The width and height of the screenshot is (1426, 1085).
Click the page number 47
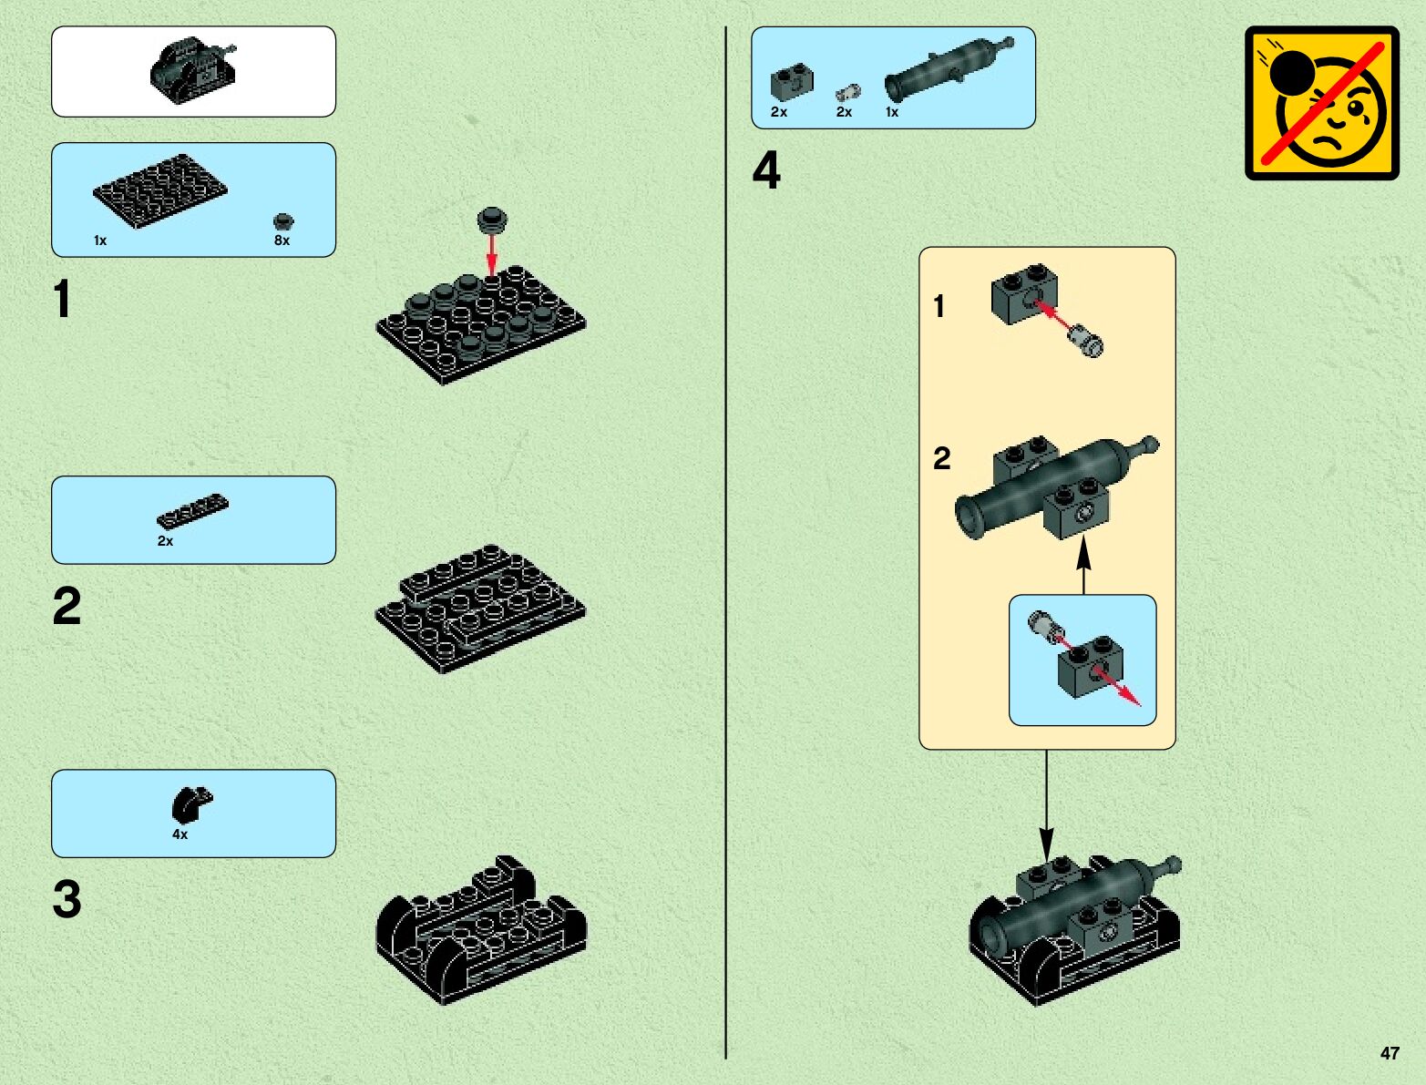tap(1389, 1053)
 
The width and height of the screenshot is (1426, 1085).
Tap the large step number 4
tap(766, 170)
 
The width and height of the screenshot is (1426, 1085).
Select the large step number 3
tap(67, 899)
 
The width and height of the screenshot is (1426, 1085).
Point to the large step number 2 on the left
tap(67, 606)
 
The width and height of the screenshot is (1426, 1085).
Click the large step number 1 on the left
tap(63, 299)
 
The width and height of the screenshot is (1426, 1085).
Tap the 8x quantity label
tap(282, 241)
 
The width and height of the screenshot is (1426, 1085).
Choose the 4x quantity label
tap(180, 834)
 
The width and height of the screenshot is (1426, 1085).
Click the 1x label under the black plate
tap(100, 241)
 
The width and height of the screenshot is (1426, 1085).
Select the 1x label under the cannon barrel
tap(892, 112)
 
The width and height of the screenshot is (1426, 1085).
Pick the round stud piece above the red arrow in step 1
tap(492, 220)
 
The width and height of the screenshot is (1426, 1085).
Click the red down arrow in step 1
tap(492, 255)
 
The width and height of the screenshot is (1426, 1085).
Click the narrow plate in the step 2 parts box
tap(192, 512)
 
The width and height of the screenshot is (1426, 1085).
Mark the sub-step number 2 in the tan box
tap(942, 458)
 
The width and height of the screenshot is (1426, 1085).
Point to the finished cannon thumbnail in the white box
tap(193, 69)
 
